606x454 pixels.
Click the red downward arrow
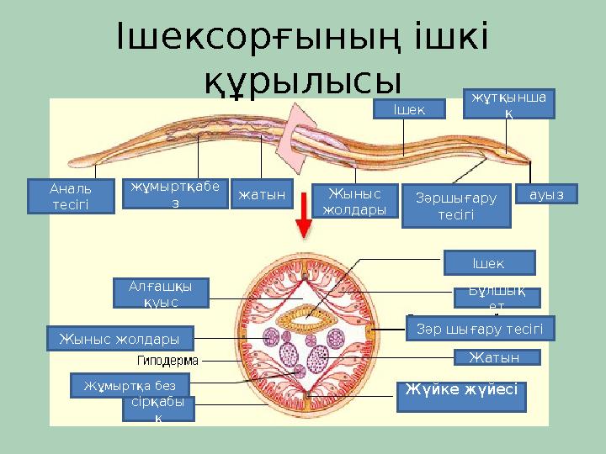coord(301,224)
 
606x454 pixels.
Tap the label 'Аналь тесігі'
coord(71,197)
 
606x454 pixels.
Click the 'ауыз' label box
coord(550,194)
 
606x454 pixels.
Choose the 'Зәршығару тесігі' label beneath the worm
coord(456,205)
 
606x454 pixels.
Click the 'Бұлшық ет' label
coord(497,297)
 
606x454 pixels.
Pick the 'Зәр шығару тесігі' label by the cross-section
coord(480,328)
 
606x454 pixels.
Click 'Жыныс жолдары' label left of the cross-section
coord(120,338)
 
